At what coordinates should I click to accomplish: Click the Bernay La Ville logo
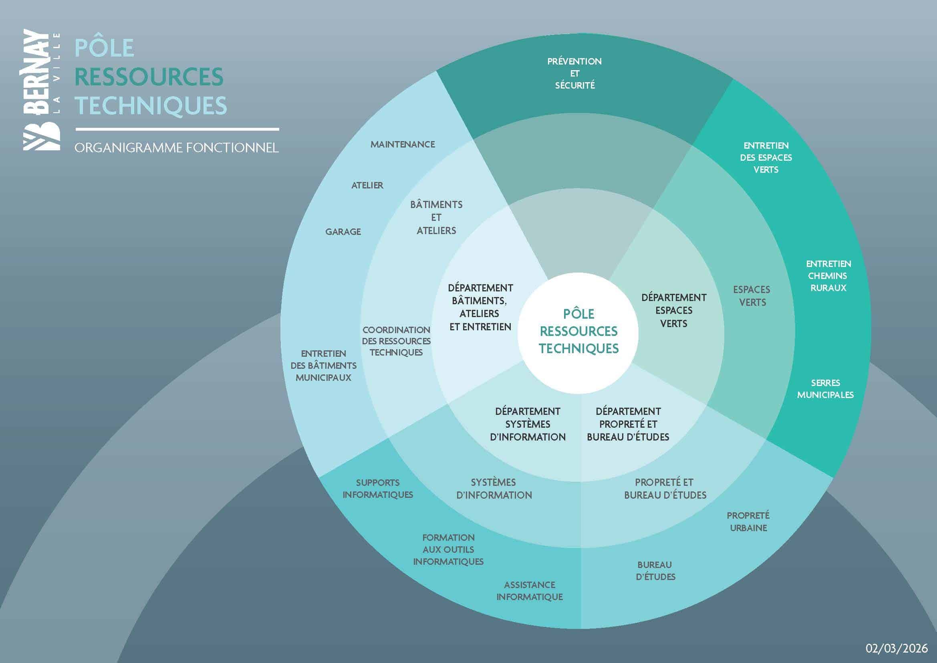[42, 90]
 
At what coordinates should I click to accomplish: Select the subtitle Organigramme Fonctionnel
[176, 148]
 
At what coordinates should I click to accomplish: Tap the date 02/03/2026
[897, 648]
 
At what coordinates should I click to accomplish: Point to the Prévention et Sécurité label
[574, 73]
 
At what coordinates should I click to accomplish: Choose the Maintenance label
[402, 144]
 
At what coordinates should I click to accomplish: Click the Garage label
[343, 231]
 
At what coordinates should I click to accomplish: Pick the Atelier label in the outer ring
[367, 185]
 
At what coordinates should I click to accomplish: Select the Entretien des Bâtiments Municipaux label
[323, 366]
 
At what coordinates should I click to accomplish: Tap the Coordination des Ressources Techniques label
[396, 341]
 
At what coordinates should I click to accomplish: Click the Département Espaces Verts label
[673, 310]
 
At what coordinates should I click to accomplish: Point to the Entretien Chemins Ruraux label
[828, 275]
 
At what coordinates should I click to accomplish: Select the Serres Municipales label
[825, 389]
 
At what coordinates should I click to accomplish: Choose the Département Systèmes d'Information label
[528, 424]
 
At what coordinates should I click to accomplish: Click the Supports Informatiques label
[377, 488]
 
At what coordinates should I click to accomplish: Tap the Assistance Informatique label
[529, 591]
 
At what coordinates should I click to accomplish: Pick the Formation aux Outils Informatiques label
[448, 550]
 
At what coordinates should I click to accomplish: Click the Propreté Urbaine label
[748, 522]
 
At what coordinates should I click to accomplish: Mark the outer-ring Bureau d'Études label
[655, 571]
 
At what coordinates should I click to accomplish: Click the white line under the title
[177, 129]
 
